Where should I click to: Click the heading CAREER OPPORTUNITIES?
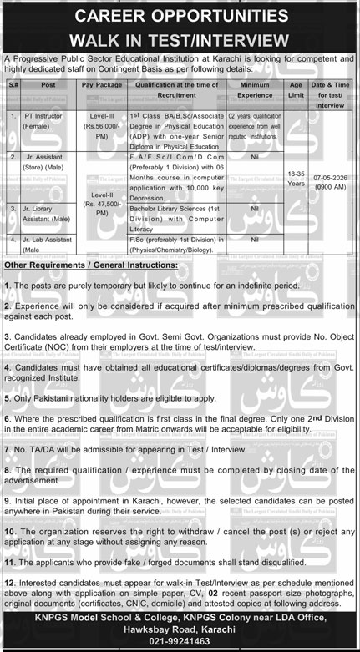[180, 16]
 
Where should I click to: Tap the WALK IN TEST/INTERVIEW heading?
[180, 38]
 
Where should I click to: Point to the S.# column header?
[13, 83]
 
